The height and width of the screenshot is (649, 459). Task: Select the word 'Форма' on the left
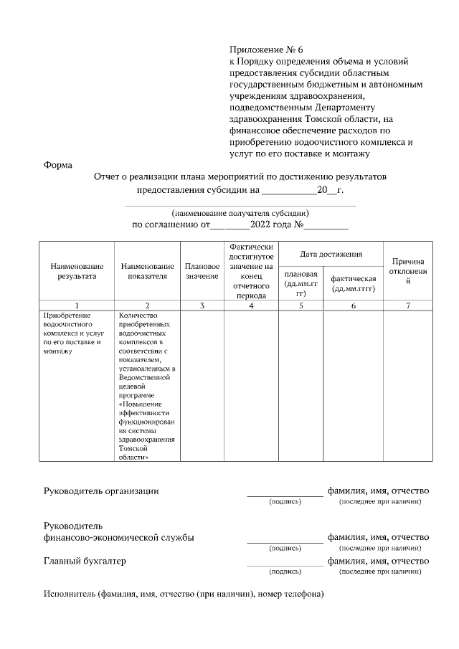57,165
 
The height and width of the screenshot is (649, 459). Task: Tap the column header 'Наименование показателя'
147,270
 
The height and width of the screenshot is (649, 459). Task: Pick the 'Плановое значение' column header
202,270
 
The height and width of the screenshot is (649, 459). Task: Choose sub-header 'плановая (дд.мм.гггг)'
301,283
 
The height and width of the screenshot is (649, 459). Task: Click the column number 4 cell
251,305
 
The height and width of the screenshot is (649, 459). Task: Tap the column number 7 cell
408,305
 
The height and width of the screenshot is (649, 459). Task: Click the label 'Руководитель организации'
101,491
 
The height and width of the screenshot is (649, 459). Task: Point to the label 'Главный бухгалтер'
85,561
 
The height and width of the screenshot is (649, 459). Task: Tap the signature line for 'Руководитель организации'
285,494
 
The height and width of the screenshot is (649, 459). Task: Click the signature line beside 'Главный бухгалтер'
285,564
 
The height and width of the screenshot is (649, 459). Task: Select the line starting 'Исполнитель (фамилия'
184,594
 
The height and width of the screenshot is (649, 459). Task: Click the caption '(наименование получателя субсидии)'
240,213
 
